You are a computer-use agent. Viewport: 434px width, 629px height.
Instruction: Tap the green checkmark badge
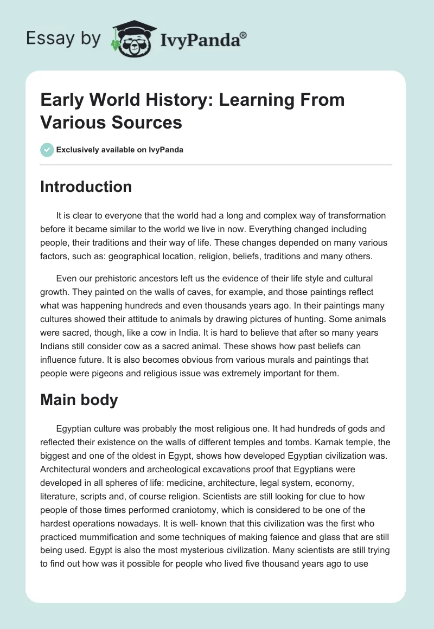[x=47, y=150]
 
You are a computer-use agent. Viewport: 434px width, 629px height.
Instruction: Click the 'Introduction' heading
[x=86, y=187]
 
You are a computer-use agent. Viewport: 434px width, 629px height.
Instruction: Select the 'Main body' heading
[x=79, y=400]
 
